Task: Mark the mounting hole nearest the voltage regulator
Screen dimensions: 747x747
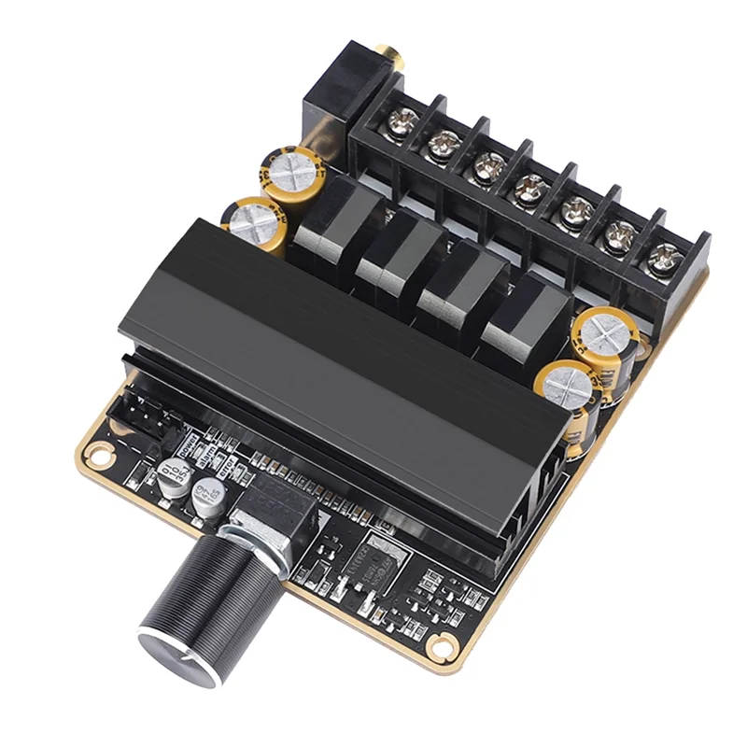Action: click(438, 644)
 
